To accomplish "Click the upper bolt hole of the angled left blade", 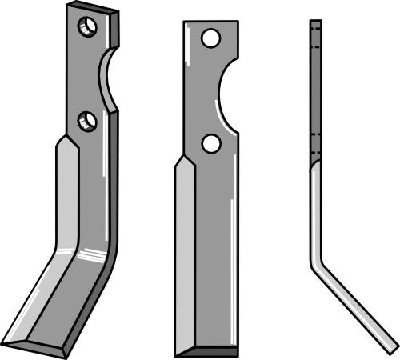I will pyautogui.click(x=87, y=28).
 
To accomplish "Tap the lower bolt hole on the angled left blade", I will pyautogui.click(x=87, y=122).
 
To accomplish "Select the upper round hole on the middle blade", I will pyautogui.click(x=210, y=38).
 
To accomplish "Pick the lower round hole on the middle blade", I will pyautogui.click(x=211, y=143).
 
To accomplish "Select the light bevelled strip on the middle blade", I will pyautogui.click(x=184, y=256).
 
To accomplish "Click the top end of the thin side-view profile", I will pyautogui.click(x=315, y=23).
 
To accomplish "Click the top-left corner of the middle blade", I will pyautogui.click(x=185, y=23).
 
